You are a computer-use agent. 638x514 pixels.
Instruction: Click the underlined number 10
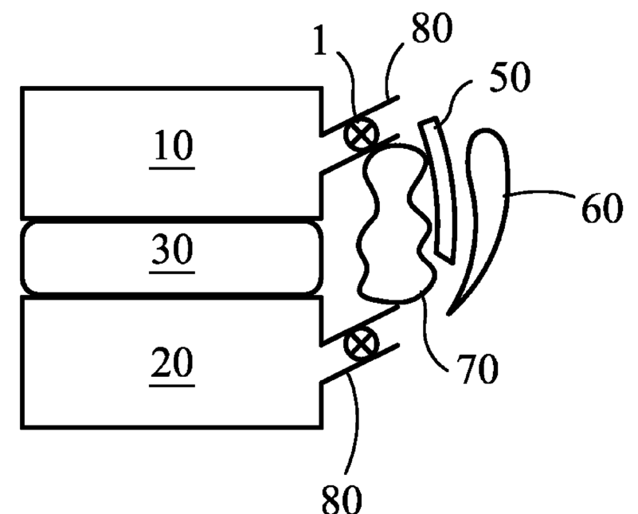174,148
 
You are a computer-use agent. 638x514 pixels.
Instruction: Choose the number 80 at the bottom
343,495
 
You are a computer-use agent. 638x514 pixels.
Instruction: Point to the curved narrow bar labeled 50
441,191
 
